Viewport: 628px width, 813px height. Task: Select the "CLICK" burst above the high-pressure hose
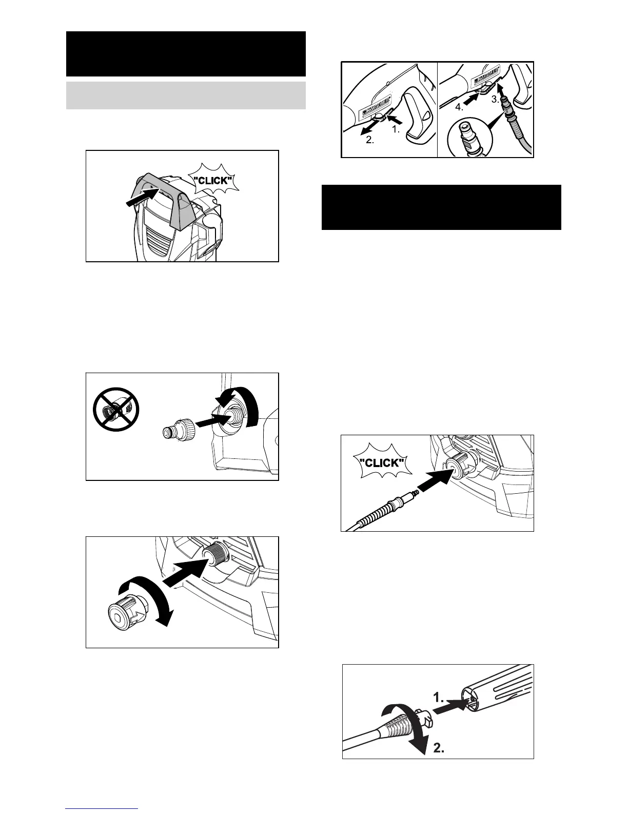[380, 462]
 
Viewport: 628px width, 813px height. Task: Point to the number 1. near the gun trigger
[396, 130]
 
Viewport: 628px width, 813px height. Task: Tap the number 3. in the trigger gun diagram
[495, 100]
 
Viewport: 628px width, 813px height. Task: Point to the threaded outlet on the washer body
[213, 556]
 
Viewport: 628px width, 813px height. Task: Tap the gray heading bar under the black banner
[186, 95]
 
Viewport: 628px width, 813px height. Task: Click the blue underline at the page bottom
[102, 808]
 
